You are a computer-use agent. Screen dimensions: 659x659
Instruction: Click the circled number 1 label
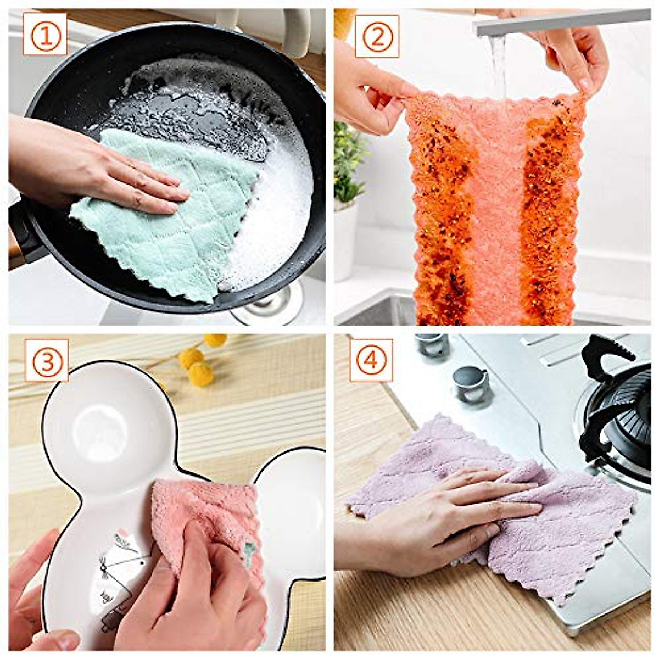(44, 33)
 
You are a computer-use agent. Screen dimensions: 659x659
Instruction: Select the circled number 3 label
(46, 360)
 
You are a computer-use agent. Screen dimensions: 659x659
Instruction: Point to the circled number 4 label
(371, 360)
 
